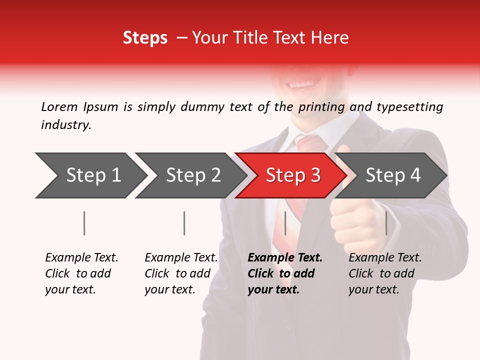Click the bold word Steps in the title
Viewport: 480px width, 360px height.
tap(145, 38)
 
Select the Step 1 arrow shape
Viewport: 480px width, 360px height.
tap(90, 175)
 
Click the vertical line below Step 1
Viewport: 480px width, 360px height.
tap(84, 223)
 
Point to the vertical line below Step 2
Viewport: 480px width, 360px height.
tap(184, 223)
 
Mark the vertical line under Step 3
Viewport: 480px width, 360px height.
tap(285, 223)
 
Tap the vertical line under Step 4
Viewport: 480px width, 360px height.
tap(386, 223)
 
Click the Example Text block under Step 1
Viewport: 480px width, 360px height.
tap(81, 273)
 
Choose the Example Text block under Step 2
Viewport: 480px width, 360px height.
tap(181, 273)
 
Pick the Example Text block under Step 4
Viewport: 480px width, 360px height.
tap(385, 273)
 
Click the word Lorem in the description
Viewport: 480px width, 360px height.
tap(59, 107)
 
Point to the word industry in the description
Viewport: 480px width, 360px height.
tap(66, 125)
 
